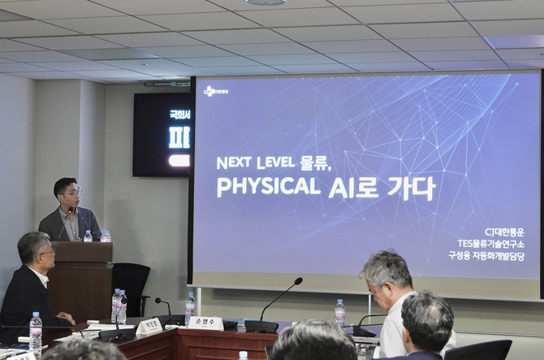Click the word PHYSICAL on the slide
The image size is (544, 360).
click(269, 187)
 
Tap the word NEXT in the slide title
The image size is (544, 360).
click(234, 163)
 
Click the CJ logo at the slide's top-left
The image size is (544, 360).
click(215, 91)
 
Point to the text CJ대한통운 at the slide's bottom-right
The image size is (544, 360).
click(504, 232)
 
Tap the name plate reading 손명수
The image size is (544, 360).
click(206, 323)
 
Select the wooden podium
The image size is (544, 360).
click(80, 276)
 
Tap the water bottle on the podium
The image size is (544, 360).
click(88, 236)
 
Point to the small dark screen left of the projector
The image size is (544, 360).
click(162, 134)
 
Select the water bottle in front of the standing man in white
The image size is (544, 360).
click(339, 312)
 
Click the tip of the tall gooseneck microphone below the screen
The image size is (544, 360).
click(300, 280)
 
